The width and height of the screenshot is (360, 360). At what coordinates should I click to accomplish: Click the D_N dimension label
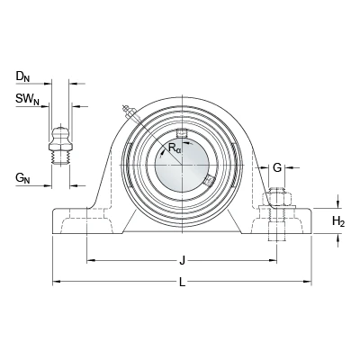(x=22, y=77)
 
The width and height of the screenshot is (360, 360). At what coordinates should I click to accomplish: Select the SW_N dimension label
(x=28, y=99)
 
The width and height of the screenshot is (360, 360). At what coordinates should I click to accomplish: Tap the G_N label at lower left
(x=22, y=178)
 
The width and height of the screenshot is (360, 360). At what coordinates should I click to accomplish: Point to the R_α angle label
(x=175, y=148)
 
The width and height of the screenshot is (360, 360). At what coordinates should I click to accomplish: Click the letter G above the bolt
(x=277, y=167)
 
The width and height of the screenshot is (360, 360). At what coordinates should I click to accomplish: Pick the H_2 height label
(x=338, y=222)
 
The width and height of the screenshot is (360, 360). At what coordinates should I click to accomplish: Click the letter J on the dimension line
(x=182, y=260)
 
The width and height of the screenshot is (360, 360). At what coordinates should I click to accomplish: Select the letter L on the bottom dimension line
(x=182, y=282)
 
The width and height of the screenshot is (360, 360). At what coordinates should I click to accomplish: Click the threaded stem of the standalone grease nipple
(x=61, y=157)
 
